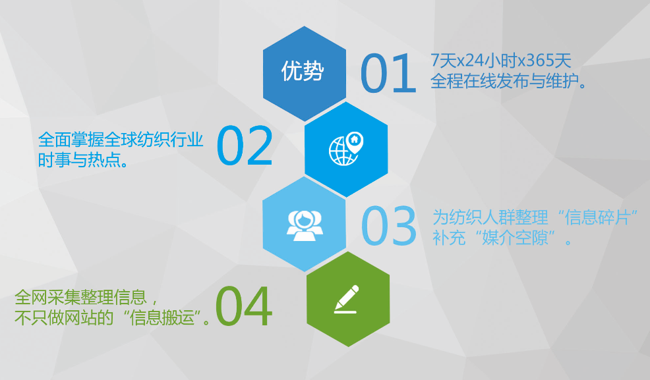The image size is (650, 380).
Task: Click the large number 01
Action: (x=388, y=73)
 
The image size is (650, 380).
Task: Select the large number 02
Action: (x=245, y=146)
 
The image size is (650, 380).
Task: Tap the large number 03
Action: (x=389, y=226)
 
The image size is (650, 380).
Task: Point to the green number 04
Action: (x=244, y=306)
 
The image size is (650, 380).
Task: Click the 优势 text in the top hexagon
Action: (x=303, y=70)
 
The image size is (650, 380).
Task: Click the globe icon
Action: (x=342, y=151)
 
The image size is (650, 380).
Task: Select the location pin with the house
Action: (x=355, y=142)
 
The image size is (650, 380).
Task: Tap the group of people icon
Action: (x=305, y=226)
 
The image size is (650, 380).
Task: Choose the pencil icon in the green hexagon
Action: (x=347, y=296)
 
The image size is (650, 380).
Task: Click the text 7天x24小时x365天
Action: (x=501, y=61)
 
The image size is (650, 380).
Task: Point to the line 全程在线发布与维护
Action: (x=508, y=81)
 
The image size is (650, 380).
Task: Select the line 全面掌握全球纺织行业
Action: (x=121, y=140)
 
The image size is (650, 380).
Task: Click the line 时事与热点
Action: (x=83, y=160)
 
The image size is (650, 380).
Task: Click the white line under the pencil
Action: (x=345, y=312)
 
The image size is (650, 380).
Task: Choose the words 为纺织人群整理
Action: (x=490, y=217)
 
